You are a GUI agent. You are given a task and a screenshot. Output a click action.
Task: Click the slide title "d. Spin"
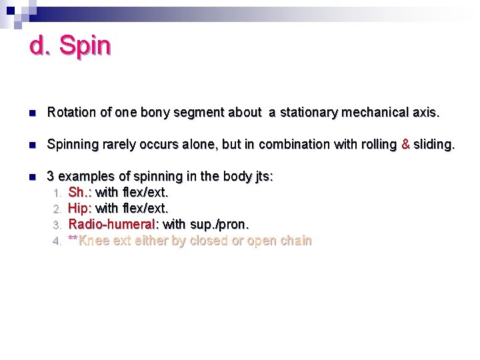pyautogui.click(x=70, y=46)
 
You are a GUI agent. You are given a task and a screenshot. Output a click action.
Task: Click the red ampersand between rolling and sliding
pyautogui.click(x=405, y=145)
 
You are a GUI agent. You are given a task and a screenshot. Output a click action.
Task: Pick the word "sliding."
pyautogui.click(x=434, y=145)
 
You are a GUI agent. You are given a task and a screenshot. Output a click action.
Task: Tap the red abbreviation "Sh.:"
pyautogui.click(x=81, y=193)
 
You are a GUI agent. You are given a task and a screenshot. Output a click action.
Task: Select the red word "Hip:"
pyautogui.click(x=81, y=209)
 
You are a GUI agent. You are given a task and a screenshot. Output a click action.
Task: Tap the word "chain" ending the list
pyautogui.click(x=295, y=241)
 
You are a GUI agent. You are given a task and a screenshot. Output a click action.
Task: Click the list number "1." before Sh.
pyautogui.click(x=58, y=193)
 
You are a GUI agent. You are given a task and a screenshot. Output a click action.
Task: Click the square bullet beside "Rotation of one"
pyautogui.click(x=31, y=113)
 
